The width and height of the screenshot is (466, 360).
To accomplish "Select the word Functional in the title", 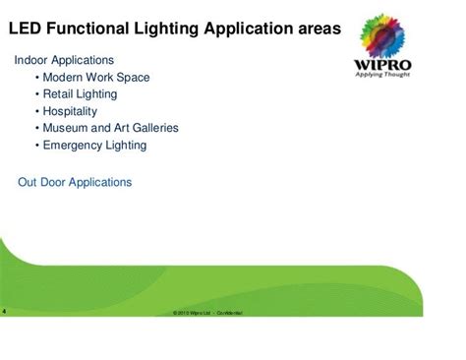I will pyautogui.click(x=88, y=30).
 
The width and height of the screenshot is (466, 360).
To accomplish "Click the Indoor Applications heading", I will pyautogui.click(x=64, y=61).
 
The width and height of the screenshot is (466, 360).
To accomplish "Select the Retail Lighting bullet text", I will pyautogui.click(x=80, y=94).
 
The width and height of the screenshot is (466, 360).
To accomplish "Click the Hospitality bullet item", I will pyautogui.click(x=71, y=111).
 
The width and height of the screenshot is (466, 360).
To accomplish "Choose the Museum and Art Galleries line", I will pyautogui.click(x=110, y=128).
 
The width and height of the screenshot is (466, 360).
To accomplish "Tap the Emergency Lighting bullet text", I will pyautogui.click(x=94, y=145).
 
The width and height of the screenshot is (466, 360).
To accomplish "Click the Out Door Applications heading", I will pyautogui.click(x=75, y=182).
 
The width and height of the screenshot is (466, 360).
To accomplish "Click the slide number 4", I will pyautogui.click(x=4, y=312).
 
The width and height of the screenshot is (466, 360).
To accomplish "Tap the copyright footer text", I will pyautogui.click(x=207, y=313).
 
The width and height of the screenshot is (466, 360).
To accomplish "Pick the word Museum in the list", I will pyautogui.click(x=65, y=128).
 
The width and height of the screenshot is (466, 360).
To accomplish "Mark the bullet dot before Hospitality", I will pyautogui.click(x=36, y=111).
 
